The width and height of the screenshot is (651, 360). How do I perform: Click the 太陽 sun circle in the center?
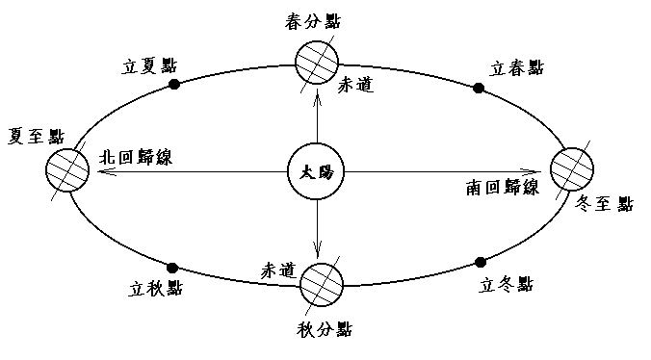click(317, 173)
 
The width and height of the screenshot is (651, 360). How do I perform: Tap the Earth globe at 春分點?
click(317, 64)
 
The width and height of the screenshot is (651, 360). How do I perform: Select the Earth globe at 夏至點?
click(66, 173)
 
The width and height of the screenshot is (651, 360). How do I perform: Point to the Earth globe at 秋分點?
click(321, 284)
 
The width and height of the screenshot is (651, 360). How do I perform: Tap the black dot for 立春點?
click(478, 89)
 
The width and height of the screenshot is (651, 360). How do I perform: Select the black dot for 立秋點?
click(172, 267)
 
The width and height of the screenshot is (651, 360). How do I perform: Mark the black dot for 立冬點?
click(480, 262)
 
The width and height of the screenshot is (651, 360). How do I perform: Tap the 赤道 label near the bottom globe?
click(277, 269)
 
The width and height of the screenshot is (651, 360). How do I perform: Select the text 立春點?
click(516, 68)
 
